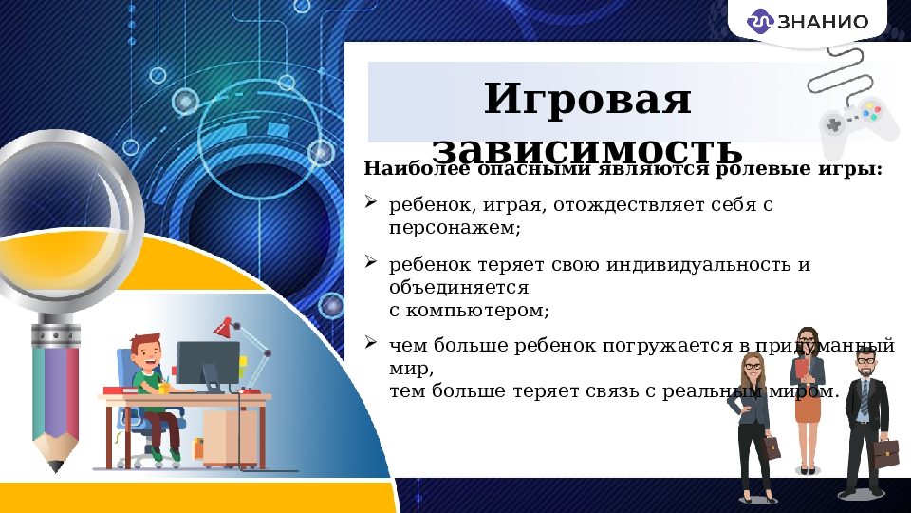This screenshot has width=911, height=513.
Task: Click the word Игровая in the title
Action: click(587, 100)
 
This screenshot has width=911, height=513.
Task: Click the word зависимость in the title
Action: click(587, 149)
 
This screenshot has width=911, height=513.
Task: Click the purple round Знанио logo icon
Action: click(762, 20)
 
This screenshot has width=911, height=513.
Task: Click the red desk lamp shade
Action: click(224, 328)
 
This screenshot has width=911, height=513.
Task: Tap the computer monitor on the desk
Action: click(207, 363)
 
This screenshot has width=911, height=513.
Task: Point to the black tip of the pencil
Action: click(55, 466)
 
